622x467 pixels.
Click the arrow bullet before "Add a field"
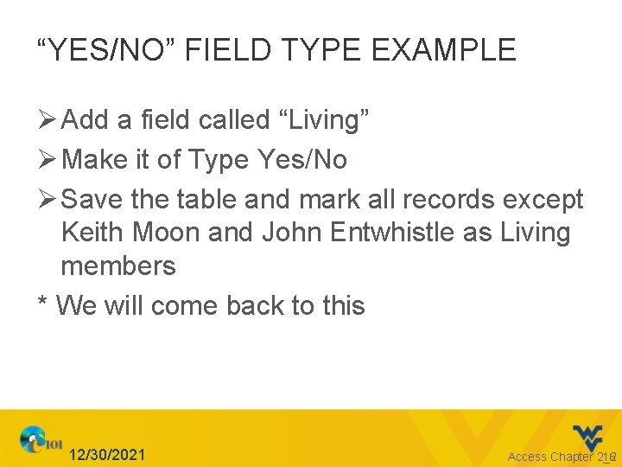pos(47,120)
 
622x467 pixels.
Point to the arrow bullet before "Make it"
pos(47,160)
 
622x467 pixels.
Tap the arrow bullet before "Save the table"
pos(47,200)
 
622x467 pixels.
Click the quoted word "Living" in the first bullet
pos(324,120)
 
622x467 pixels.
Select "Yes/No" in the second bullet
pos(302,160)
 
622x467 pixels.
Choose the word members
pos(118,265)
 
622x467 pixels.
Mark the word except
pos(541,200)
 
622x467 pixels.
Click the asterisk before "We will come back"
pos(42,304)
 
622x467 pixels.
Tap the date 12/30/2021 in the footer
pos(108,455)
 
